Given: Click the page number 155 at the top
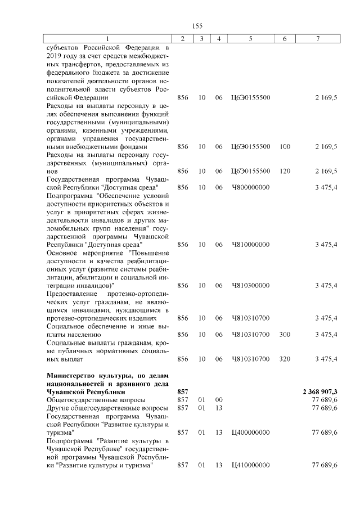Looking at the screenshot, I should (197, 26).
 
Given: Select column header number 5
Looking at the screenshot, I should (250, 38).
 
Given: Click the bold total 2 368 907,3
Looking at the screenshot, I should (318, 391).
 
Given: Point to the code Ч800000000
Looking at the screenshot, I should (250, 187).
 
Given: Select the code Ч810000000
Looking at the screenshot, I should (250, 245).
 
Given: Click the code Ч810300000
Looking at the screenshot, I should (250, 285).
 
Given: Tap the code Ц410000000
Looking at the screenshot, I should (250, 465).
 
